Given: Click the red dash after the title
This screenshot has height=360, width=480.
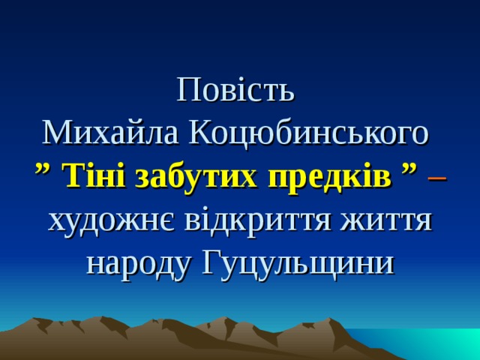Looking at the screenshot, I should click(437, 178).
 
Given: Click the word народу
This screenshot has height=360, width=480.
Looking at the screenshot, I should click(136, 264).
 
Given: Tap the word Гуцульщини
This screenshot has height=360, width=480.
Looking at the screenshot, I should click(297, 264).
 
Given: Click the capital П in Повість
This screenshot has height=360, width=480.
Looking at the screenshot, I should click(187, 91).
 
